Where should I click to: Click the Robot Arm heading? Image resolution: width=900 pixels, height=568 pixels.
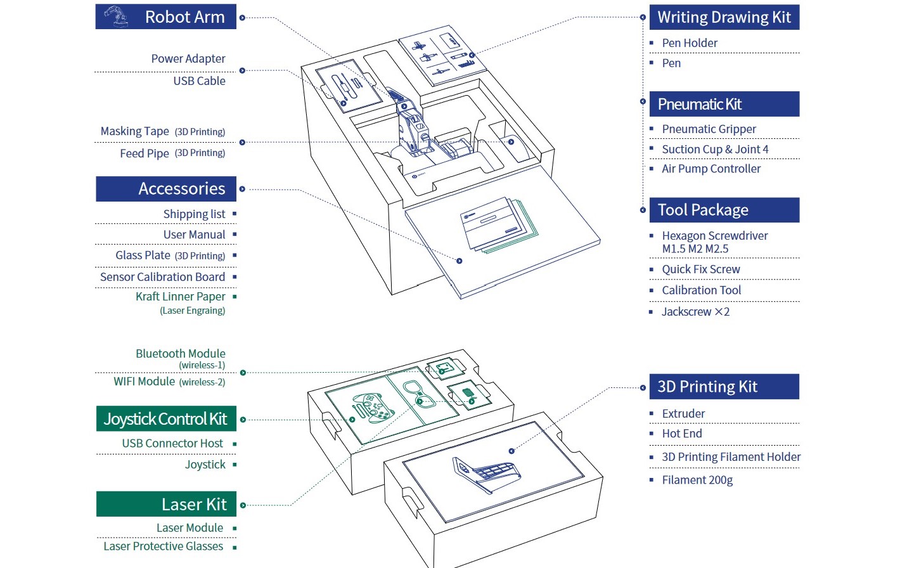coord(184,17)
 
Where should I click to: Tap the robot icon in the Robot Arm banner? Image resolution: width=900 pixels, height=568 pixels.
coord(115,16)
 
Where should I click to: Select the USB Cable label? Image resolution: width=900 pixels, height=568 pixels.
coord(199,81)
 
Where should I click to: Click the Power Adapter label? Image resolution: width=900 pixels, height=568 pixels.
coord(188,59)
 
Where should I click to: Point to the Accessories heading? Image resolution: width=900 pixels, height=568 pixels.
coord(181,189)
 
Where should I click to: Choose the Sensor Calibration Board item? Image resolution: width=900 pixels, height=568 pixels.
coord(162,277)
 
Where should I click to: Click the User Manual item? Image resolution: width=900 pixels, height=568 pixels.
coord(194,235)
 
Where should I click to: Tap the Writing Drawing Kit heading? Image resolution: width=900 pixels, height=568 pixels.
coord(724,17)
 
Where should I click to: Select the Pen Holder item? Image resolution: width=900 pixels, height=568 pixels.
coord(690,43)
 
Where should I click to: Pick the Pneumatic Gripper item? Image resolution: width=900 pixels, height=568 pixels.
coord(709,129)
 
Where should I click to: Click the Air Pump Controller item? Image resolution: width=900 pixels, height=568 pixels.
coord(711,169)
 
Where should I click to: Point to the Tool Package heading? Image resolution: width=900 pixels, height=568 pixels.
coord(703,210)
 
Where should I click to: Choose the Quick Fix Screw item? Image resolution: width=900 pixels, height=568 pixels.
coord(701,269)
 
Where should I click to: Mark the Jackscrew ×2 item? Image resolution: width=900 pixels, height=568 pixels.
coord(695,312)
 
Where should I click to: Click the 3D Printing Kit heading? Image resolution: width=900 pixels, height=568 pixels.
coord(707,387)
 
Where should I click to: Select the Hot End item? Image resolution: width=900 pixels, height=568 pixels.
coord(682,434)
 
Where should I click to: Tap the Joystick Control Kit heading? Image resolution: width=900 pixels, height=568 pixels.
coord(165,419)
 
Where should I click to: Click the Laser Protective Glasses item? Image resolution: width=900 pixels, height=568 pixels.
coord(164,546)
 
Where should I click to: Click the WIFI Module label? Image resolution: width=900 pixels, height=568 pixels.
coord(145,382)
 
